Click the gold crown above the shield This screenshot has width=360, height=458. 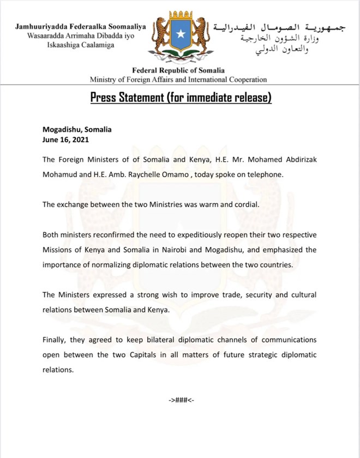tap(180, 15)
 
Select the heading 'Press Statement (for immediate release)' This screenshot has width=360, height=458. tap(180, 98)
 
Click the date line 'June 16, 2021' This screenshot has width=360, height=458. tap(64, 140)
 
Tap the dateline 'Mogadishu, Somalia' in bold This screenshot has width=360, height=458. tap(77, 130)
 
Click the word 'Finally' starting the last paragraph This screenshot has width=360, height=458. tap(55, 340)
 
